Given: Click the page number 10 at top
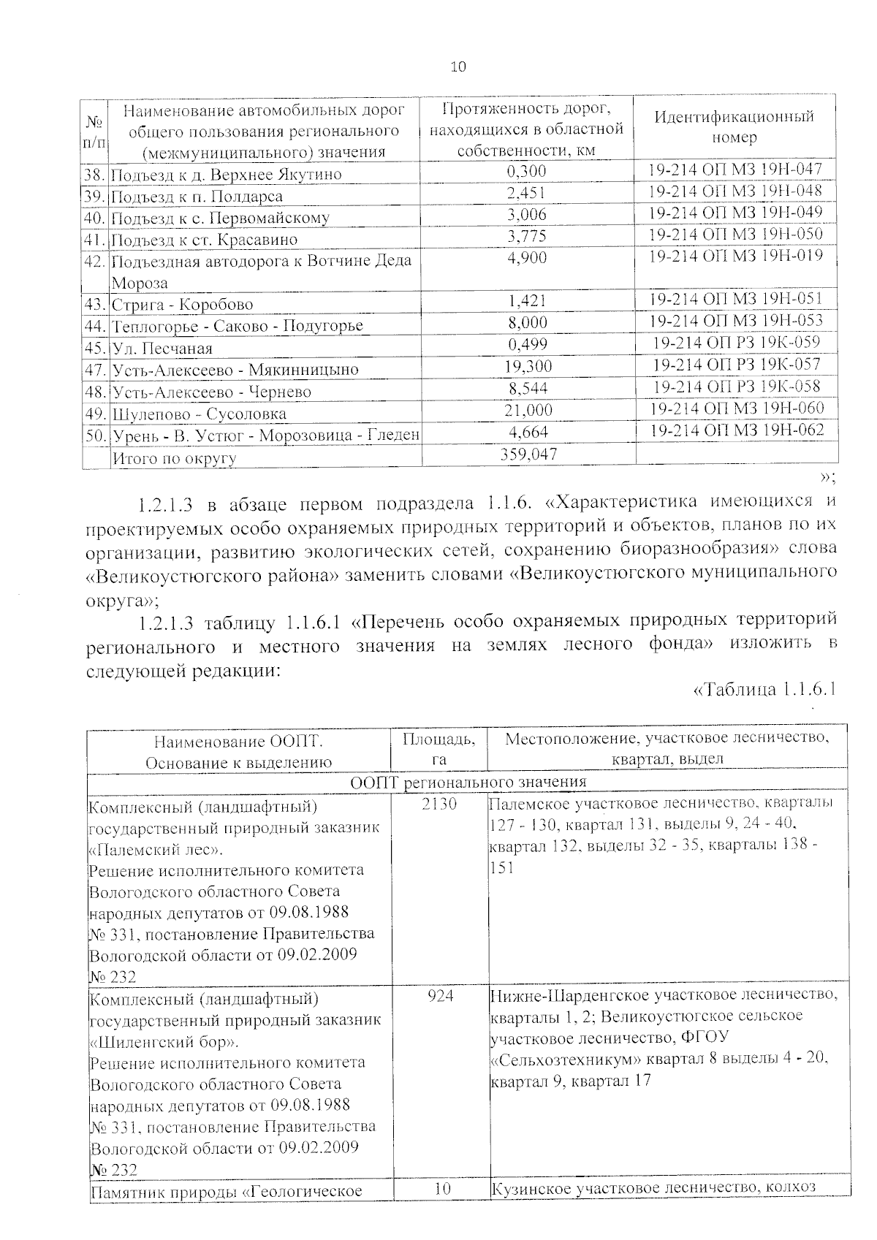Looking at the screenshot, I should (x=458, y=68).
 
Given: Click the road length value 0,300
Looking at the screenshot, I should (x=526, y=172).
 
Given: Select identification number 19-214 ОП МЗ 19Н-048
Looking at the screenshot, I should (x=735, y=191).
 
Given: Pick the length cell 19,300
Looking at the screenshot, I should (x=528, y=367).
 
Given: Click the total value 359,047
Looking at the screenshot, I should (x=528, y=454).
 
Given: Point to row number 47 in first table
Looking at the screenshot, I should (x=96, y=370).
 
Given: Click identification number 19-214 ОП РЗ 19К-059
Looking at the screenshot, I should (x=737, y=343).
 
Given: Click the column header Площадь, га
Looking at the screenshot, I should (x=438, y=749).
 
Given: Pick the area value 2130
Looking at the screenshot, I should (x=438, y=805).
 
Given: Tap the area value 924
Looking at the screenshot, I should (x=440, y=995).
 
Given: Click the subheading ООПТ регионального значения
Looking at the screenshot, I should (x=468, y=782).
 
